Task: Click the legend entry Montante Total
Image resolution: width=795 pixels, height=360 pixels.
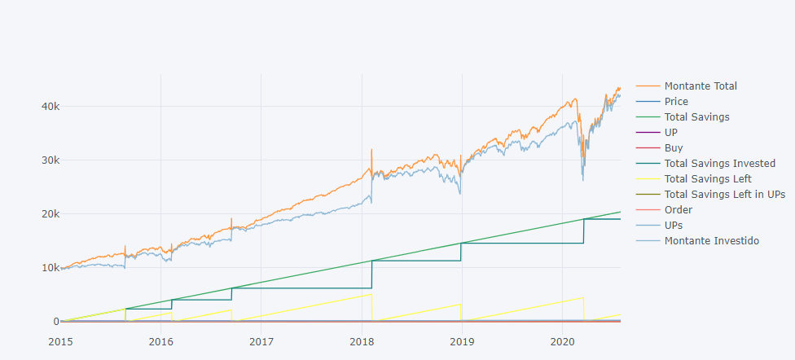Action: pyautogui.click(x=701, y=86)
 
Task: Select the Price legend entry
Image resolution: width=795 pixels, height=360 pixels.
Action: pyautogui.click(x=676, y=101)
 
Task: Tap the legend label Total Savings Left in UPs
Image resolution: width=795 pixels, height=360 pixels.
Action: pyautogui.click(x=724, y=194)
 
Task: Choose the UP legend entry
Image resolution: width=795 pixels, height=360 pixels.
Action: pyautogui.click(x=670, y=132)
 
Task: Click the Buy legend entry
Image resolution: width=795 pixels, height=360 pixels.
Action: pyautogui.click(x=674, y=147)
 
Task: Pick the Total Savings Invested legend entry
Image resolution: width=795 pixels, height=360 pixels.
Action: pyautogui.click(x=719, y=163)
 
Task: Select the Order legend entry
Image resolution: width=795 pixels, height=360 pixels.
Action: pyautogui.click(x=678, y=209)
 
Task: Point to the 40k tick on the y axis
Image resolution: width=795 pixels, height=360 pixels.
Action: pyautogui.click(x=48, y=106)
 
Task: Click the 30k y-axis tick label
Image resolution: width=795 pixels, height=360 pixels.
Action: pyautogui.click(x=48, y=160)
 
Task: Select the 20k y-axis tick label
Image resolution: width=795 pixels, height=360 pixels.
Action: pyautogui.click(x=48, y=213)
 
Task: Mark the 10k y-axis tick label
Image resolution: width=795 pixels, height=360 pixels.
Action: pyautogui.click(x=48, y=267)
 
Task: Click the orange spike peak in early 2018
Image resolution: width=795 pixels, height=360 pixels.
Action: pyautogui.click(x=371, y=149)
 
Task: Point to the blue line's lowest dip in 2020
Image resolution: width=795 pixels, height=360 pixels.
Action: pyautogui.click(x=582, y=180)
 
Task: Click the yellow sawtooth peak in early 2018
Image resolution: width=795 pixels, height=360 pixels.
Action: pyautogui.click(x=371, y=294)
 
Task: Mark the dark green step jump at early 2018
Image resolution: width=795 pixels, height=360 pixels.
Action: pyautogui.click(x=372, y=274)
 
